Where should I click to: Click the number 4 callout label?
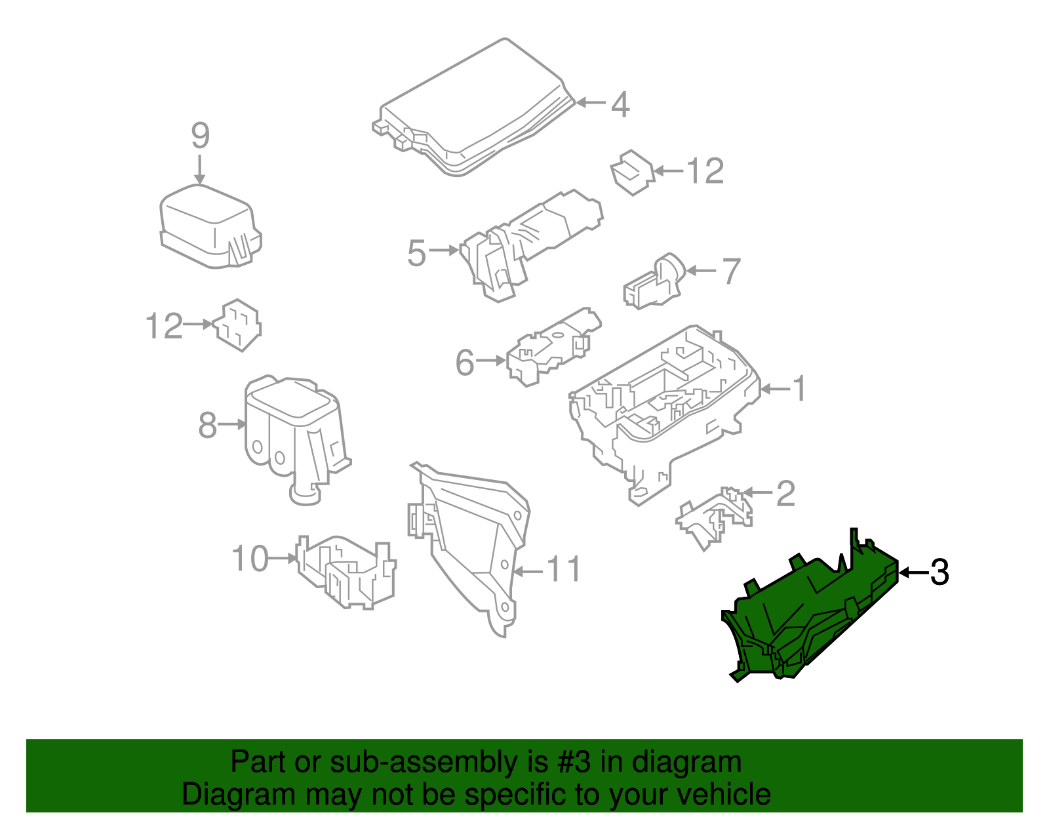pyautogui.click(x=620, y=104)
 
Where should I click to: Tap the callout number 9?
pyautogui.click(x=201, y=135)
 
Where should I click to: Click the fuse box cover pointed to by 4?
pyautogui.click(x=473, y=109)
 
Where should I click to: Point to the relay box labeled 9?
pyautogui.click(x=210, y=226)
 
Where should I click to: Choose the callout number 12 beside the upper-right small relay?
pyautogui.click(x=705, y=171)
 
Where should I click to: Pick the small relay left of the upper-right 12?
pyautogui.click(x=633, y=172)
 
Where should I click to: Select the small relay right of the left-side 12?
pyautogui.click(x=237, y=325)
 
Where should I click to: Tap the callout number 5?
pyautogui.click(x=416, y=253)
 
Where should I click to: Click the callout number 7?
pyautogui.click(x=732, y=271)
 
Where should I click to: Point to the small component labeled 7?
pyautogui.click(x=654, y=281)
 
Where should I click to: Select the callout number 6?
pyautogui.click(x=465, y=363)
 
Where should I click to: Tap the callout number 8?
pyautogui.click(x=208, y=425)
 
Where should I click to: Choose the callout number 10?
pyautogui.click(x=250, y=559)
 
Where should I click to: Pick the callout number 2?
pyautogui.click(x=785, y=493)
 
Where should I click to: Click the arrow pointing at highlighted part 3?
pyautogui.click(x=915, y=573)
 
